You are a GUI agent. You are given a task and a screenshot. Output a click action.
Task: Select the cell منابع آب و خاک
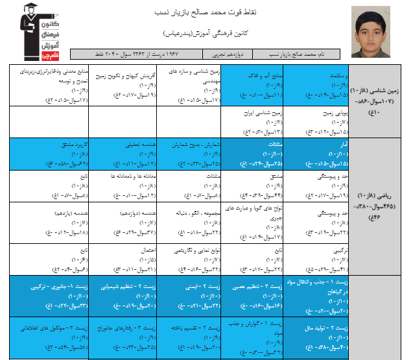(252, 85)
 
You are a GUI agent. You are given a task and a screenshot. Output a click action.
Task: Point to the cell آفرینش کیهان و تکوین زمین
(124, 85)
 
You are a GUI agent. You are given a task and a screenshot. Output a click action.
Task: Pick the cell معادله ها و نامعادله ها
(124, 185)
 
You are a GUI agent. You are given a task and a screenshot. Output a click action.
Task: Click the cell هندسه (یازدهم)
(59, 221)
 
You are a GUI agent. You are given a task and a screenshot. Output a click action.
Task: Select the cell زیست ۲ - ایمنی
(188, 293)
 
